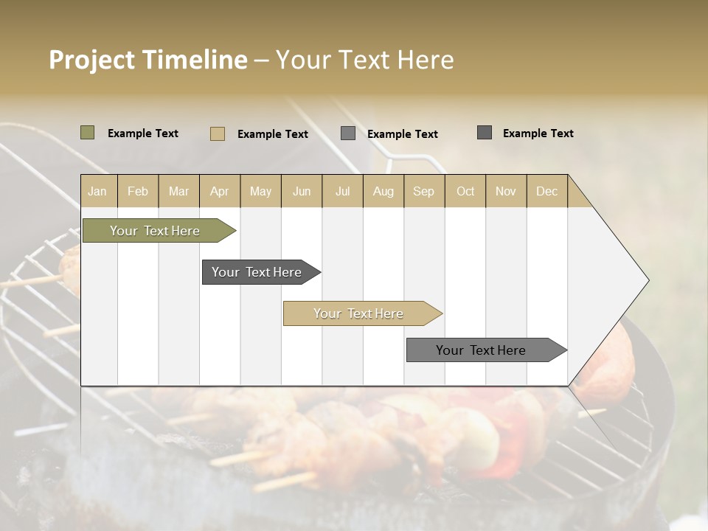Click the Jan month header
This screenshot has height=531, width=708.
(x=97, y=192)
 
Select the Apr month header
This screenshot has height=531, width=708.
(x=220, y=192)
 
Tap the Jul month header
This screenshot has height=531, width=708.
(x=342, y=192)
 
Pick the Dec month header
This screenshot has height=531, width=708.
(x=546, y=192)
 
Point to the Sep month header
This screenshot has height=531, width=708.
(x=423, y=192)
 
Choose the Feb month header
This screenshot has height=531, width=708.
(x=138, y=192)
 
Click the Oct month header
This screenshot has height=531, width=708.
(x=465, y=192)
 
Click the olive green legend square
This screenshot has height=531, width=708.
(x=87, y=133)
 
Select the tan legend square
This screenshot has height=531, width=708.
(x=217, y=133)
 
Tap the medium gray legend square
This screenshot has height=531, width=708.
(x=348, y=133)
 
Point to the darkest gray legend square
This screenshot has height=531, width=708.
(x=485, y=133)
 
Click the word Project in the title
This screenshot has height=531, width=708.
(x=91, y=60)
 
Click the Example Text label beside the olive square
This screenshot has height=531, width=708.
(x=143, y=133)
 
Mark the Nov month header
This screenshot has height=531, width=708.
(x=506, y=192)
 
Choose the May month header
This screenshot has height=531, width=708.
(x=260, y=192)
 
